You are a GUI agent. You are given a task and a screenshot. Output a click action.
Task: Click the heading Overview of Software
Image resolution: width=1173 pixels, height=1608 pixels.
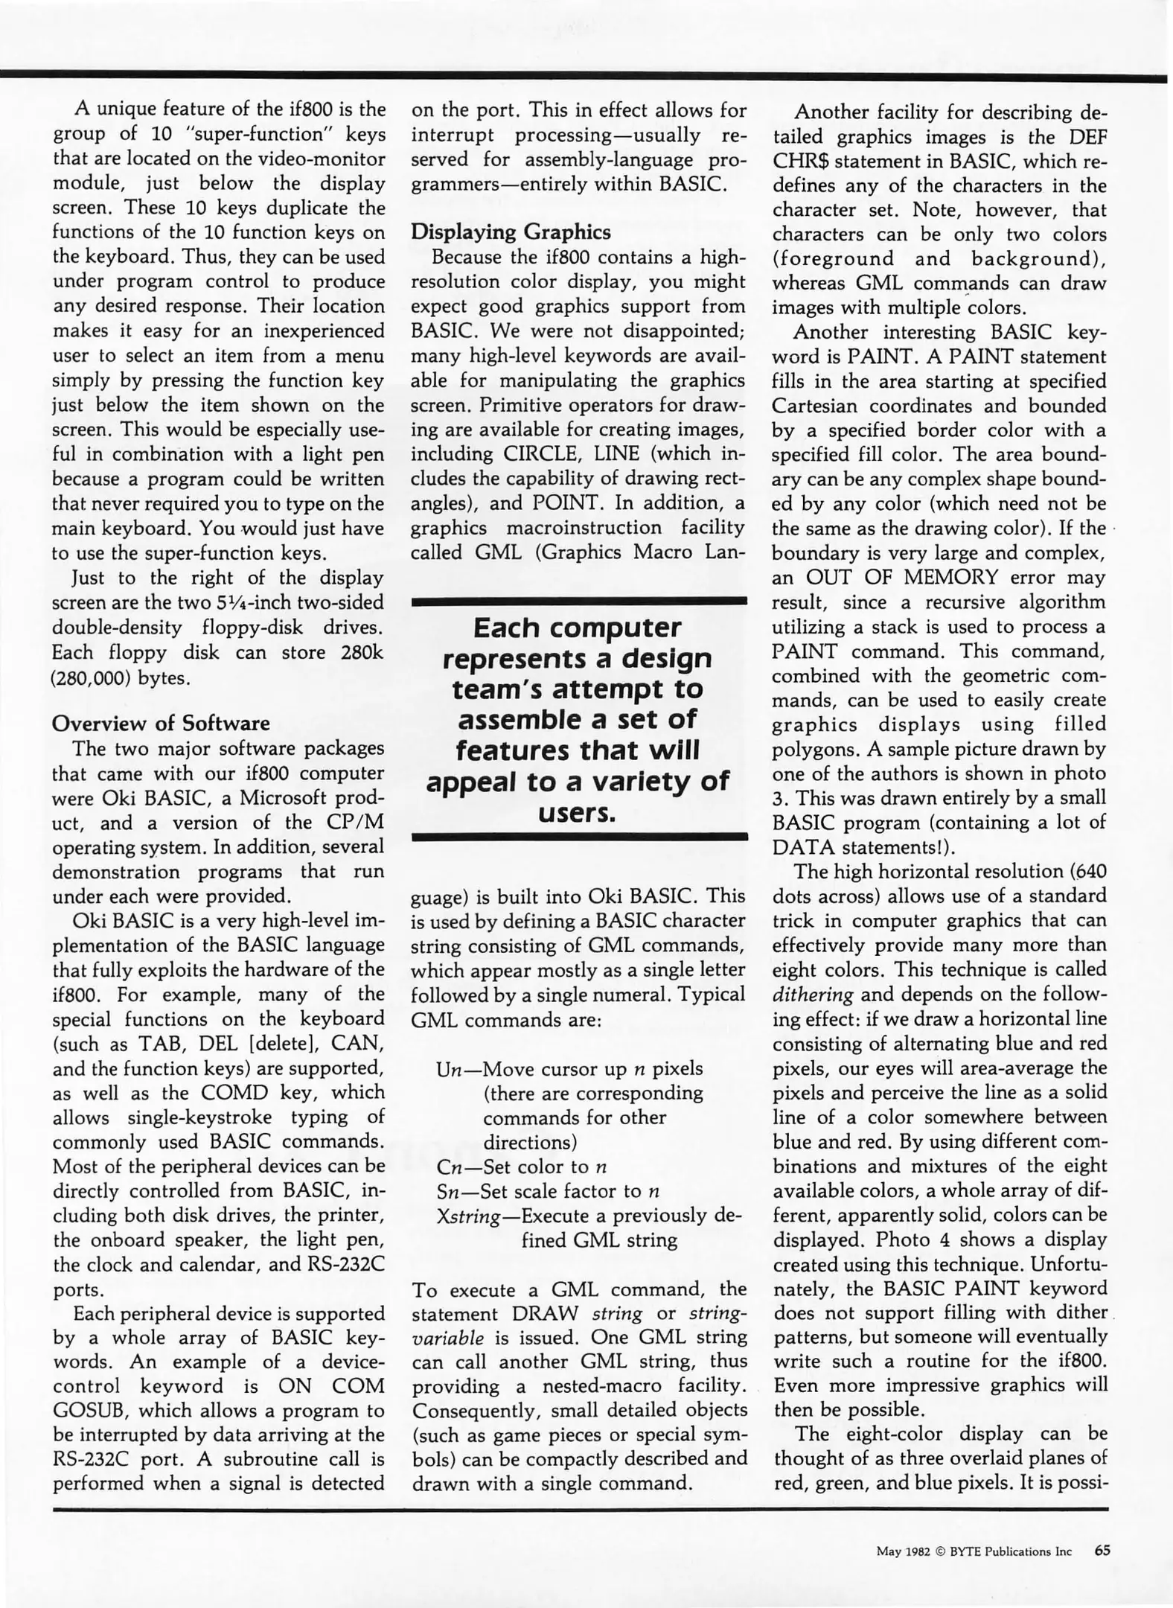coord(161,724)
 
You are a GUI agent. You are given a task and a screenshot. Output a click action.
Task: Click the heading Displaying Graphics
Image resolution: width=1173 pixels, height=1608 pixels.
coord(511,232)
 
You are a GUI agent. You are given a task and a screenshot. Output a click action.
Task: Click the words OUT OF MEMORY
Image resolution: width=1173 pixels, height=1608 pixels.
coord(901,578)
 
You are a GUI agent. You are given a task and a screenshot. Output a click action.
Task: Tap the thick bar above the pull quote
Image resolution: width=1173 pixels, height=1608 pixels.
coord(579,601)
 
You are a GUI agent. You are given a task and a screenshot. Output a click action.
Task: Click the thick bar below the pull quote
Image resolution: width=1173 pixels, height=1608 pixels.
coord(579,837)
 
